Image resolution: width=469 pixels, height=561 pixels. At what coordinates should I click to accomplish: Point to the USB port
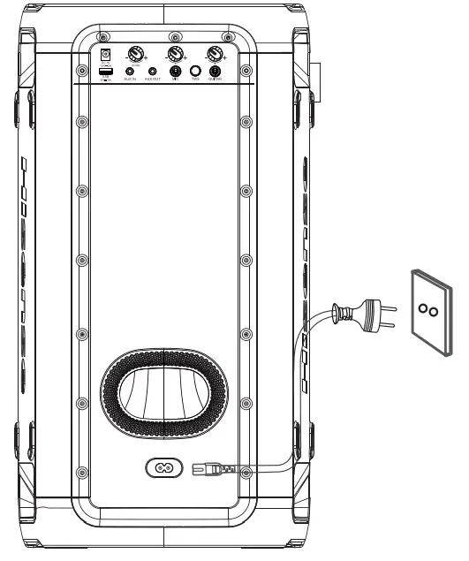point(106,71)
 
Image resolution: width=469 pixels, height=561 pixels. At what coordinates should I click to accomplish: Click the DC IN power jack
point(106,54)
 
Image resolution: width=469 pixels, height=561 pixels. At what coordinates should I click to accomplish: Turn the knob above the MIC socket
point(175,53)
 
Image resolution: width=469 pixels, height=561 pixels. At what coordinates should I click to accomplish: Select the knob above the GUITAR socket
point(213,53)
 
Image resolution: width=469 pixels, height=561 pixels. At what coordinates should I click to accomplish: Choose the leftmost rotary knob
point(137,53)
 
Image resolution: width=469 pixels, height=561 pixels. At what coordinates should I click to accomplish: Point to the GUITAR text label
point(214,80)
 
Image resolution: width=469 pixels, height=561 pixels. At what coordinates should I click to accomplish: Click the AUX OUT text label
point(153,80)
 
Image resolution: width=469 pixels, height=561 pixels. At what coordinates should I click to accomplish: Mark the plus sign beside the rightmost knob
point(226,57)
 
